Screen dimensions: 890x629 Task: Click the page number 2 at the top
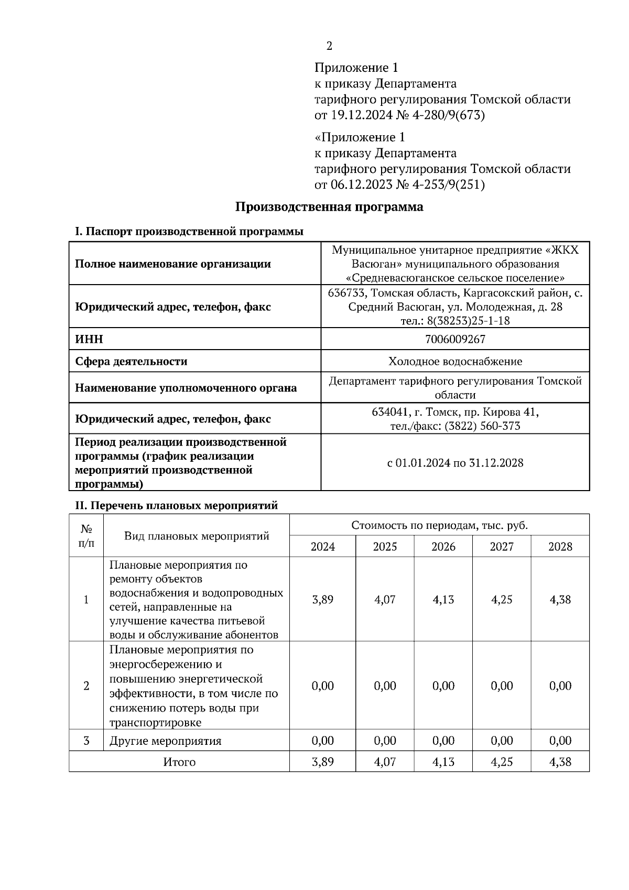click(329, 46)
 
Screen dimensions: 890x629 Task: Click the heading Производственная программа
click(329, 207)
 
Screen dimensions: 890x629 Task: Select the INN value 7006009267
click(455, 339)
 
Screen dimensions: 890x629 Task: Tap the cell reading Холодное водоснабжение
click(455, 361)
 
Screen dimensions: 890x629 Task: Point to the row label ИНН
click(89, 339)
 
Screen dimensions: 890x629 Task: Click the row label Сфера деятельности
click(131, 361)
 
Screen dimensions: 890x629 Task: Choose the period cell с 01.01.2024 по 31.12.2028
click(455, 463)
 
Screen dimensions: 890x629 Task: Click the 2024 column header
click(322, 547)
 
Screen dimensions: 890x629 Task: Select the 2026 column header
click(443, 547)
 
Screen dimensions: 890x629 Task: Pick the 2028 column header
click(560, 547)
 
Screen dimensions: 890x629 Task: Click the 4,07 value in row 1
click(385, 600)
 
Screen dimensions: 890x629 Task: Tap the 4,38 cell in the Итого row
click(560, 762)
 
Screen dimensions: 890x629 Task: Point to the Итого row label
click(179, 762)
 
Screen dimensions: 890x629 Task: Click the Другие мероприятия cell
click(165, 741)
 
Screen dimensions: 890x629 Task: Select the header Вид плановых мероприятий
click(197, 536)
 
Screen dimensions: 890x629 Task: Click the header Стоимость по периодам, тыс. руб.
click(439, 525)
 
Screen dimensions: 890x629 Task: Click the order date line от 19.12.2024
click(399, 115)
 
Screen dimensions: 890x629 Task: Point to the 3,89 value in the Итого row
click(322, 762)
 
